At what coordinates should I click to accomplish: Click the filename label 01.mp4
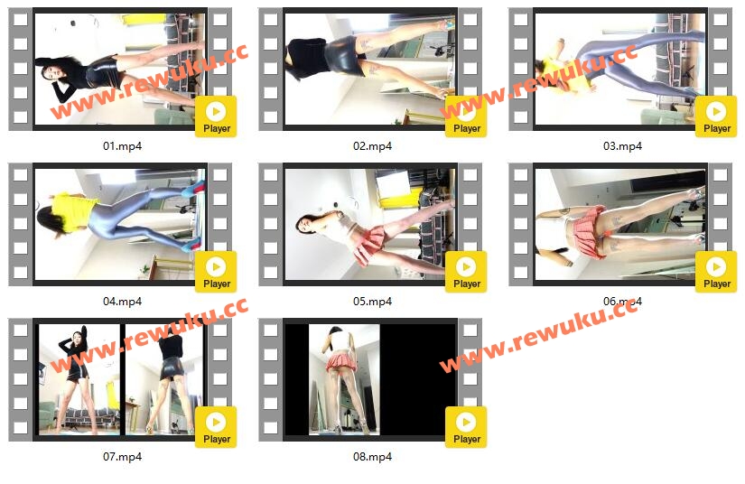pos(122,145)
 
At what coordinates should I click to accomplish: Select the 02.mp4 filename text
pos(372,145)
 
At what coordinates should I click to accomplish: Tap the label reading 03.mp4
pos(622,145)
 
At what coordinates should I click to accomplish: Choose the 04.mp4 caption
pos(122,301)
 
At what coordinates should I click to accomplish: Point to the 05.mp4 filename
pos(372,301)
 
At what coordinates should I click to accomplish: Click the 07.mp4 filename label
pos(122,456)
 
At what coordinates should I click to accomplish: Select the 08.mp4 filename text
pos(372,456)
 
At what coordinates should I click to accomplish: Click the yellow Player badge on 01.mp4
pos(216,116)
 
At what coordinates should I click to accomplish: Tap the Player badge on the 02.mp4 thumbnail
pos(466,116)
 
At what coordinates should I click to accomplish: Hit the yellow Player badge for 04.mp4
pos(216,272)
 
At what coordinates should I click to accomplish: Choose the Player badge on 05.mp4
pos(466,272)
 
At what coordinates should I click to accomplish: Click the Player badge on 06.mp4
pos(716,272)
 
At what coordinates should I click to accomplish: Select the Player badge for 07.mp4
pos(216,427)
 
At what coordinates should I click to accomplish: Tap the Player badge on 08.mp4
pos(466,427)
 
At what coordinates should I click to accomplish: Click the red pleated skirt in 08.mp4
pos(341,362)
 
